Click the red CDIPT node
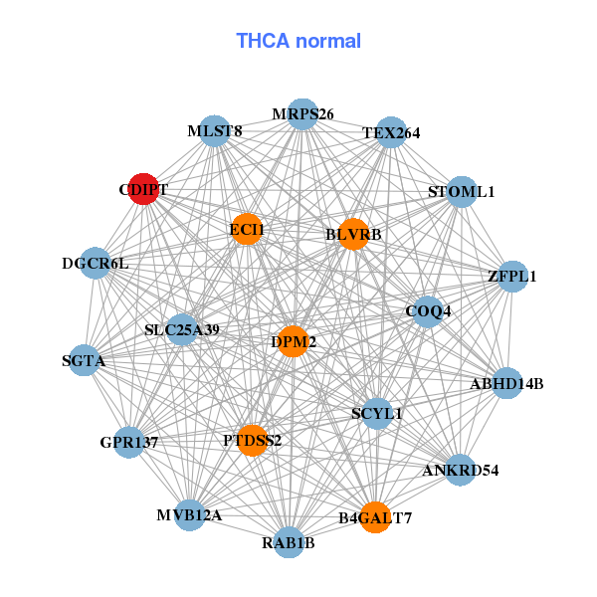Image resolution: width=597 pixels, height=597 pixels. point(144,189)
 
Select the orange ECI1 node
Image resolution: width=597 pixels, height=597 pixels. point(246,230)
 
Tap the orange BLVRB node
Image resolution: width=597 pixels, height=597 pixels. point(353,234)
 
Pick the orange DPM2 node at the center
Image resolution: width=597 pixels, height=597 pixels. point(293,341)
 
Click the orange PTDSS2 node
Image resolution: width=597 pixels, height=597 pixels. point(253,440)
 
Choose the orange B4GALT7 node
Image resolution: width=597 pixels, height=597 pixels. point(374,516)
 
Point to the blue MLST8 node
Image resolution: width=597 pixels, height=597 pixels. point(215,131)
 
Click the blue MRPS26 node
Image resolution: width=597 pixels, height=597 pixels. point(302,113)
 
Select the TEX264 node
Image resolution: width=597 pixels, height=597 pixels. point(391,132)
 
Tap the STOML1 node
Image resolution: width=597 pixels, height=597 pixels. point(461,191)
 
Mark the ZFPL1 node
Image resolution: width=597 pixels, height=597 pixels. point(511,276)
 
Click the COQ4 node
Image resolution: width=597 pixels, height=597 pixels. point(427,311)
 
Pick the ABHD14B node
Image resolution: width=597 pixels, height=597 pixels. point(506,383)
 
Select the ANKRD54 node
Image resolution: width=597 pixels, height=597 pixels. point(460,470)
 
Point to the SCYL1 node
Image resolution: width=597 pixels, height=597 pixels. point(377,413)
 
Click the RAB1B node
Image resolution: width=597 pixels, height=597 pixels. point(289,542)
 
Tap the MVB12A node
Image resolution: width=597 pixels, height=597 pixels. point(190,514)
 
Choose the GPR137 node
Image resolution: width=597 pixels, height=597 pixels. point(128,441)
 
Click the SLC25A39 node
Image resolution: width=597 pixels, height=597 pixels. point(181,329)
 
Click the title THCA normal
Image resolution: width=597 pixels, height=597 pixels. point(298,41)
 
